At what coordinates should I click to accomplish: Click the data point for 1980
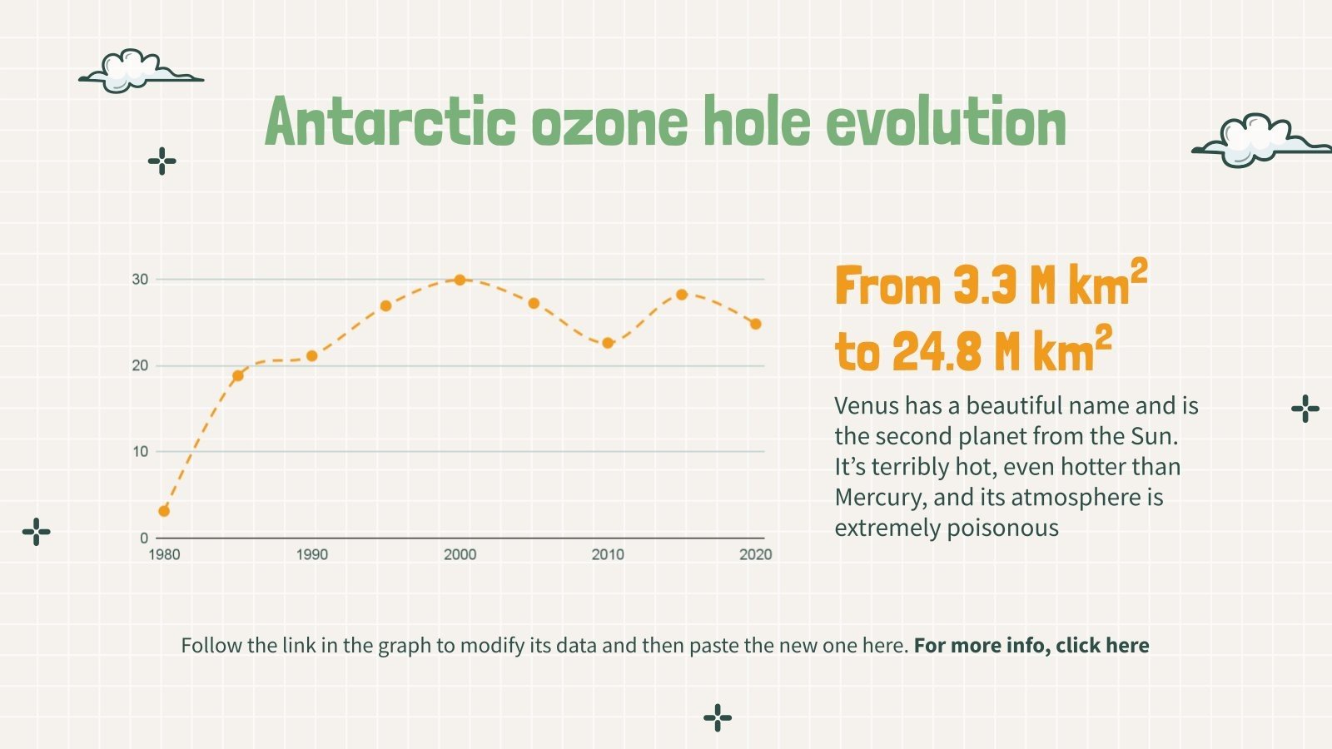click(164, 511)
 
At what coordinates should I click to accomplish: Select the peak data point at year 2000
click(460, 280)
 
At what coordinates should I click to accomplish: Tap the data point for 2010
click(608, 343)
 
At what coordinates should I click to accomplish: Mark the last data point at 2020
click(756, 324)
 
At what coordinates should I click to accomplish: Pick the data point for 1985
click(238, 375)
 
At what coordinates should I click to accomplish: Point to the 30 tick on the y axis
click(140, 280)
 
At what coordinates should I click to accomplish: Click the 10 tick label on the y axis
click(140, 452)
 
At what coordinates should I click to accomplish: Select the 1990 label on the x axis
click(312, 554)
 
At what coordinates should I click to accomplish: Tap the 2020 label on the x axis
click(755, 554)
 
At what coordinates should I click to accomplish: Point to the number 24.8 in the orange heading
click(935, 352)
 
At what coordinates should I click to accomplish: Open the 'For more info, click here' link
click(1031, 646)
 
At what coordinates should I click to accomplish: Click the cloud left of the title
click(139, 72)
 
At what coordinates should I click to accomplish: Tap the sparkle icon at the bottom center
click(718, 717)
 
